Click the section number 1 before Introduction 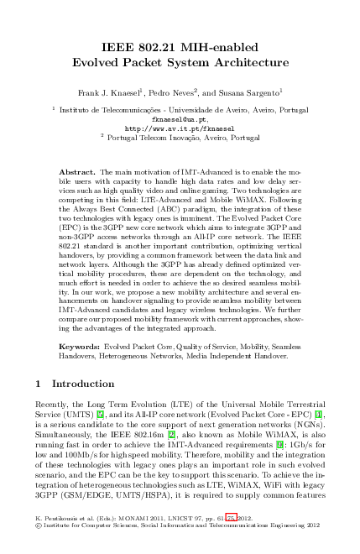pos(40,384)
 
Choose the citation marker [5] pos(99,412)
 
